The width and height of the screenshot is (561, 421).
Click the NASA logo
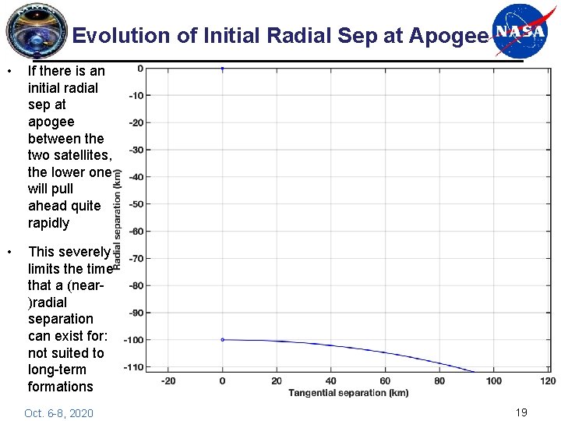(x=520, y=31)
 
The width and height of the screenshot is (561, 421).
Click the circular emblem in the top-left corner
(x=37, y=31)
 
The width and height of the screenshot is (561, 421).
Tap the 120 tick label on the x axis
(x=548, y=380)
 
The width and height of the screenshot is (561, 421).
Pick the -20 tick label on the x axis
(x=168, y=380)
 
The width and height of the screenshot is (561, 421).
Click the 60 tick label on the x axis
(x=385, y=380)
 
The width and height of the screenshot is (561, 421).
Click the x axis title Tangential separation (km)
(x=348, y=392)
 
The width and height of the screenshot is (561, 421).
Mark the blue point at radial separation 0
(x=222, y=69)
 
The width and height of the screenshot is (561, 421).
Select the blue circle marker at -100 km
(x=222, y=340)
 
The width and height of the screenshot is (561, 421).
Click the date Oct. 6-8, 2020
(x=58, y=413)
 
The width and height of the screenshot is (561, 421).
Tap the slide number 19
(x=521, y=412)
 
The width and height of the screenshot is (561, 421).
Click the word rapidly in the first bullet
(x=48, y=223)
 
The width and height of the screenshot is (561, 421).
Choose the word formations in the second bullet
(x=60, y=387)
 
